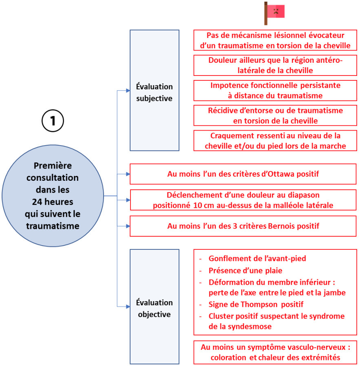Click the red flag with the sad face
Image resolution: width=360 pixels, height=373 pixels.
tap(275, 11)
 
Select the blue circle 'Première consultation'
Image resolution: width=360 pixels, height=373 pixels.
tap(53, 196)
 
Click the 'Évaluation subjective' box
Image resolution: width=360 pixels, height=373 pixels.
tap(155, 90)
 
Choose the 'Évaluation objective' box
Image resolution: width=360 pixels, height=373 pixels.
tap(155, 306)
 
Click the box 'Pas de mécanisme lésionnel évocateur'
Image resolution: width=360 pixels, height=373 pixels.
tap(275, 40)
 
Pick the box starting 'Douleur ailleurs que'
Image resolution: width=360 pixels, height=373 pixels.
tap(275, 65)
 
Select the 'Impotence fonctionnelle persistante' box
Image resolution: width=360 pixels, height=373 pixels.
tap(275, 91)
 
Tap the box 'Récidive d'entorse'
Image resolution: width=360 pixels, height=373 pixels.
tap(275, 115)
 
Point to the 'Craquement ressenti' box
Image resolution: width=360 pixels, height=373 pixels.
tap(275, 141)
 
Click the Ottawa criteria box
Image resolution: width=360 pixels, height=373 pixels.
tap(243, 174)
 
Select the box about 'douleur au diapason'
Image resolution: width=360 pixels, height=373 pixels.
tap(243, 200)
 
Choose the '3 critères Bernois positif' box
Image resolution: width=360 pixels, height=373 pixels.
tap(243, 226)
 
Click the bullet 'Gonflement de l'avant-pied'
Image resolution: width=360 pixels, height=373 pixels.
tap(257, 258)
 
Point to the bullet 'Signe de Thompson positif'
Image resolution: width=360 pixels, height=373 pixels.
tap(256, 304)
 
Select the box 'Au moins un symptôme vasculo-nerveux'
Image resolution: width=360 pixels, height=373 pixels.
tap(275, 352)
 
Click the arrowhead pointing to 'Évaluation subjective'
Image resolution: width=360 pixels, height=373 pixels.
tap(127, 91)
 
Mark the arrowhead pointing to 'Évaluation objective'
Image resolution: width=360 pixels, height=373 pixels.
tap(127, 306)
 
